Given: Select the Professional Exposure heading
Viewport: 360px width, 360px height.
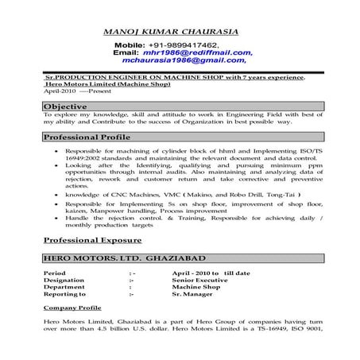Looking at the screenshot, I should pyautogui.click(x=92, y=239).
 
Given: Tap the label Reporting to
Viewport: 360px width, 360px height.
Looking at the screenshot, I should pyautogui.click(x=65, y=294).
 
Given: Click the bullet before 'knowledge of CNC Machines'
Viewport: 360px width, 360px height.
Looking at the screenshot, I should pyautogui.click(x=55, y=193).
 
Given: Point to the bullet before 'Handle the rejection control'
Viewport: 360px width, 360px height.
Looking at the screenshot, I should pyautogui.click(x=55, y=217).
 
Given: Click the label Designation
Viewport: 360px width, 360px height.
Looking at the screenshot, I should pyautogui.click(x=64, y=280).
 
